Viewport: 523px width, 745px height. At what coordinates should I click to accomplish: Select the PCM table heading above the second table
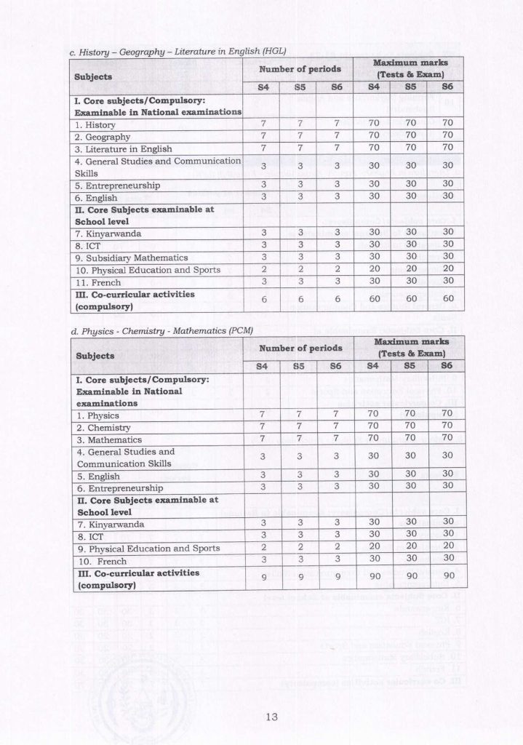pyautogui.click(x=158, y=330)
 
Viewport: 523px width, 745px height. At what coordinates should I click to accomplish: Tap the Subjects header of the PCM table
pyautogui.click(x=93, y=356)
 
